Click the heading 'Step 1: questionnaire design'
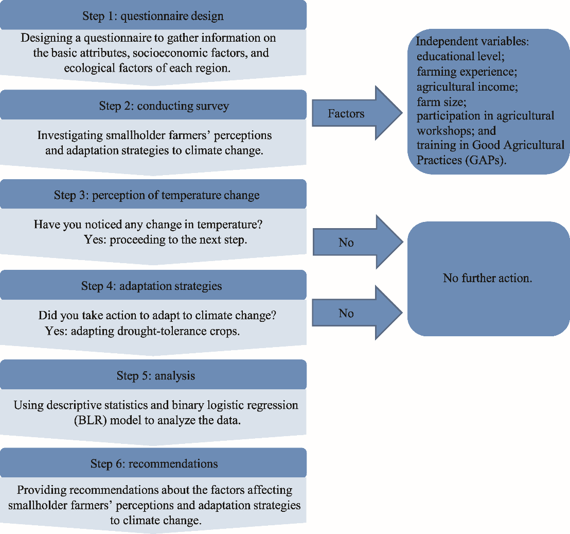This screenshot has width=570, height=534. [x=153, y=16]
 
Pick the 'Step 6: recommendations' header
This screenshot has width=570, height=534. [x=154, y=464]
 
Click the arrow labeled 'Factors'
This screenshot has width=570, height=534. [x=346, y=114]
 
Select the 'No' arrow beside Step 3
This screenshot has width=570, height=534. [x=346, y=243]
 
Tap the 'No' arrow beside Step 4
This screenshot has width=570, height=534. [x=346, y=313]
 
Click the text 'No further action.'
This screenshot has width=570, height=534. [x=487, y=279]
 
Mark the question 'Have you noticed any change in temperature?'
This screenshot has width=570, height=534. [x=152, y=225]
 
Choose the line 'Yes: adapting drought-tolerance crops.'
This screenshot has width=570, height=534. [x=142, y=331]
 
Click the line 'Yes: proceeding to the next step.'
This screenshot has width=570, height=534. [x=165, y=240]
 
